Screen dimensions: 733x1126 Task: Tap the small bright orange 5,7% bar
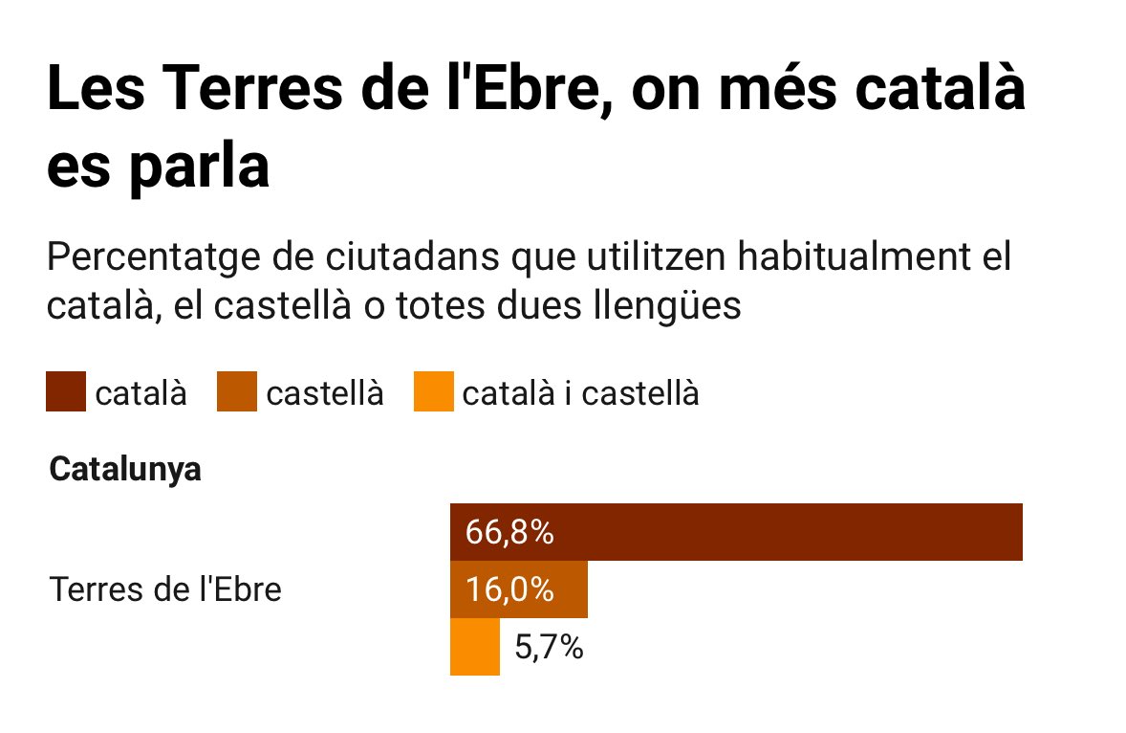pyautogui.click(x=474, y=648)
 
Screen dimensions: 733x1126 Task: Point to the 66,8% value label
pyautogui.click(x=509, y=533)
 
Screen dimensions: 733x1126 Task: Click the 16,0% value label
pyautogui.click(x=509, y=590)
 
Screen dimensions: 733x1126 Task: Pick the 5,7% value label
pyautogui.click(x=549, y=649)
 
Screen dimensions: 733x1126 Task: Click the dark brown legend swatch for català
pyautogui.click(x=66, y=393)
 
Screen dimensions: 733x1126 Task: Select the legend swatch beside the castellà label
pyautogui.click(x=238, y=393)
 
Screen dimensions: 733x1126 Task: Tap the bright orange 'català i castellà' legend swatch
pyautogui.click(x=433, y=393)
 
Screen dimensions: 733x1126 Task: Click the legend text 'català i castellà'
pyautogui.click(x=580, y=393)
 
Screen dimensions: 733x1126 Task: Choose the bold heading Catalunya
pyautogui.click(x=125, y=471)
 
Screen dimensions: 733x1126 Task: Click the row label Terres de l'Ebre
pyautogui.click(x=165, y=589)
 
